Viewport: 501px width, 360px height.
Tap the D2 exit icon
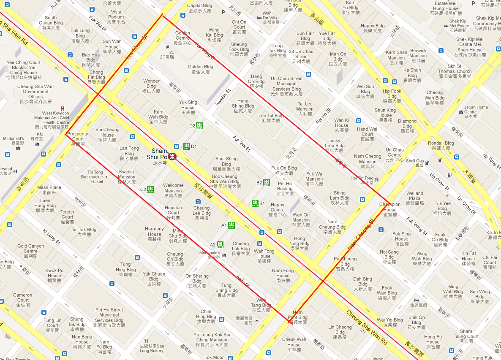click(x=199, y=125)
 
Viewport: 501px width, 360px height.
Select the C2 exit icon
click(x=150, y=189)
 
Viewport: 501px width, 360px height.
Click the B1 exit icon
click(x=255, y=203)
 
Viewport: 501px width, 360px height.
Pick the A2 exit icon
click(x=220, y=244)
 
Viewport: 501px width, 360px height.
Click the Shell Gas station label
click(x=414, y=163)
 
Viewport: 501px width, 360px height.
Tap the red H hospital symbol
click(x=63, y=108)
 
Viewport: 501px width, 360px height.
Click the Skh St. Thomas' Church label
click(x=455, y=71)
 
